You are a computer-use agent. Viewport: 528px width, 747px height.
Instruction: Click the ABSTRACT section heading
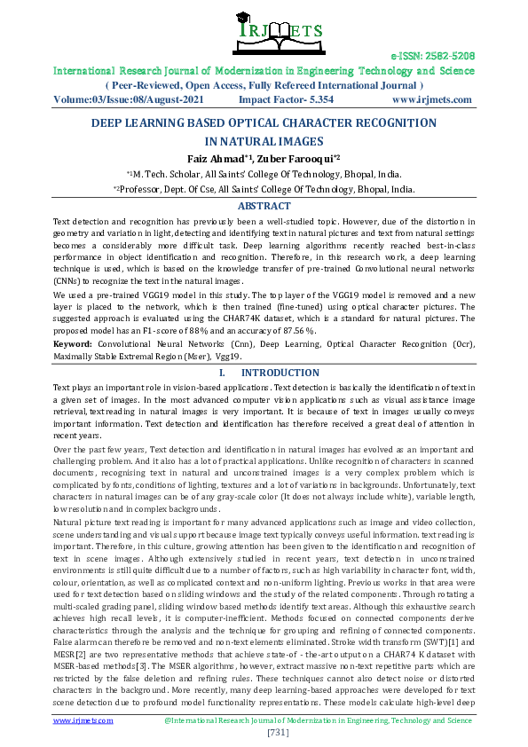pyautogui.click(x=264, y=206)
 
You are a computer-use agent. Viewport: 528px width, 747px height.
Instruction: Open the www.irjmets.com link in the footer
pyautogui.click(x=83, y=720)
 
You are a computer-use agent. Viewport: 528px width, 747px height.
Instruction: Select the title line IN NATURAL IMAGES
pyautogui.click(x=264, y=141)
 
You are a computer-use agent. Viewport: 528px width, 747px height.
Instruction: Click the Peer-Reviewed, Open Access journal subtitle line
pyautogui.click(x=264, y=85)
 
